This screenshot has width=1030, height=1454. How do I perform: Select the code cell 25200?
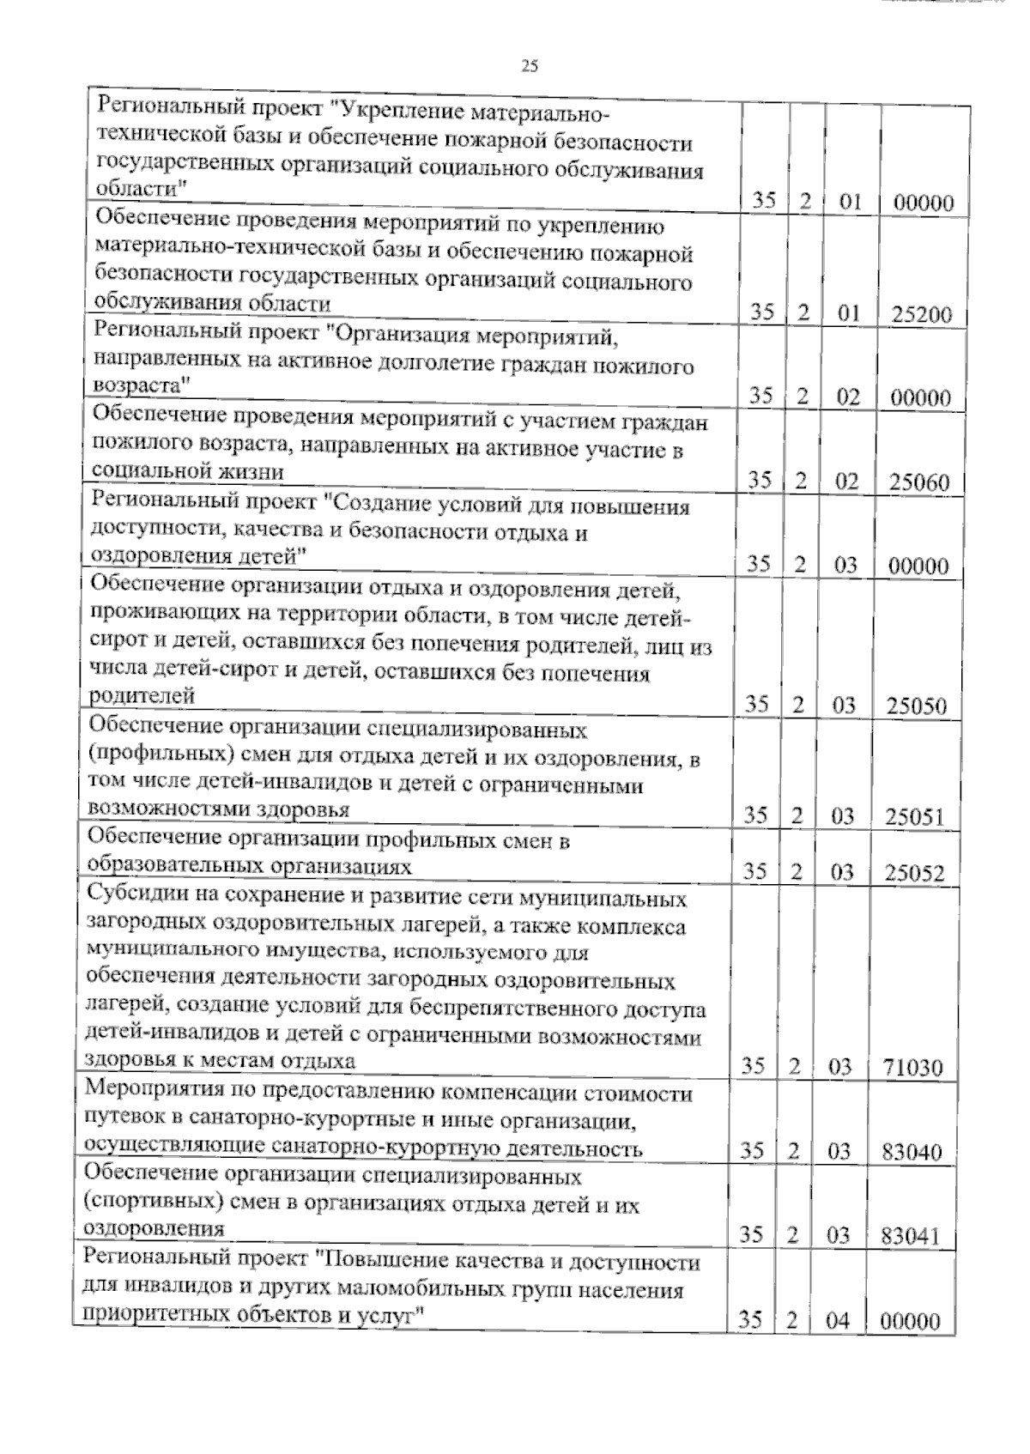(922, 314)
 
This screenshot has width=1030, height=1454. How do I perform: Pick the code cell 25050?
(917, 707)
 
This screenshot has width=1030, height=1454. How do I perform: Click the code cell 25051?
(915, 817)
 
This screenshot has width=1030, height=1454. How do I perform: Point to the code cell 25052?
(915, 874)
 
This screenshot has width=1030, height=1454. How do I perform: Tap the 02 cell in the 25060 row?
(846, 482)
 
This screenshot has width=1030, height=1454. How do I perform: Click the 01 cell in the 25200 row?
(848, 314)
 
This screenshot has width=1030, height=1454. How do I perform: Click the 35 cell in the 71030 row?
(753, 1067)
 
